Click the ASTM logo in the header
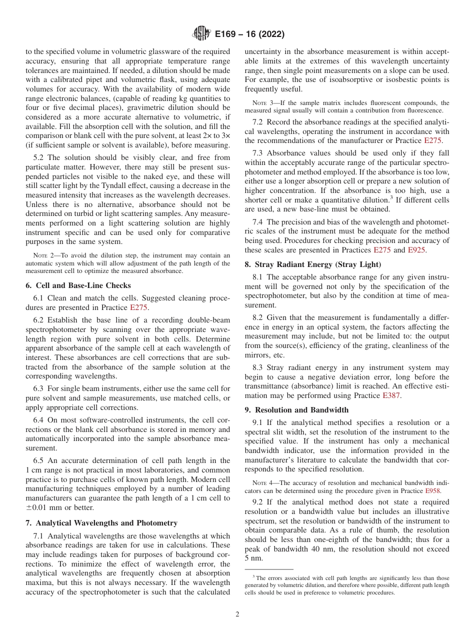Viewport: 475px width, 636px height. coord(201,34)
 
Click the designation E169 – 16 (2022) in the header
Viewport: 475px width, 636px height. coord(249,34)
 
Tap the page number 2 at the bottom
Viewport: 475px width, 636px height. coord(237,614)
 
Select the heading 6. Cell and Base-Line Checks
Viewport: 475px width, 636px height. coord(78,285)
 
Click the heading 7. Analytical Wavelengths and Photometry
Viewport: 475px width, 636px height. coord(101,523)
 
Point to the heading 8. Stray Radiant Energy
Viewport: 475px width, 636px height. coord(312,264)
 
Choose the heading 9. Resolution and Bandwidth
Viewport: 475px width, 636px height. coord(296,410)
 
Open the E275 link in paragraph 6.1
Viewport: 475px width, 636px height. coord(138,307)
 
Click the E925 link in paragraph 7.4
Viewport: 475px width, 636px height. coord(417,250)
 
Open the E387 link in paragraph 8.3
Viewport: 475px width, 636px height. coord(391,395)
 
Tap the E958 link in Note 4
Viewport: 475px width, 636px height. coord(432,491)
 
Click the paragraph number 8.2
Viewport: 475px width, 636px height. coord(259,317)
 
